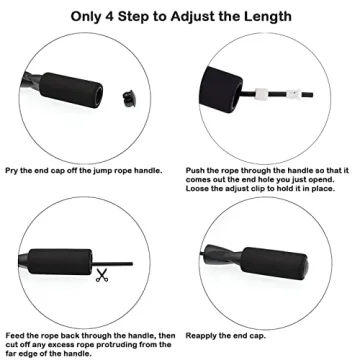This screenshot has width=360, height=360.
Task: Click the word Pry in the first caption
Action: (x=13, y=171)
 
